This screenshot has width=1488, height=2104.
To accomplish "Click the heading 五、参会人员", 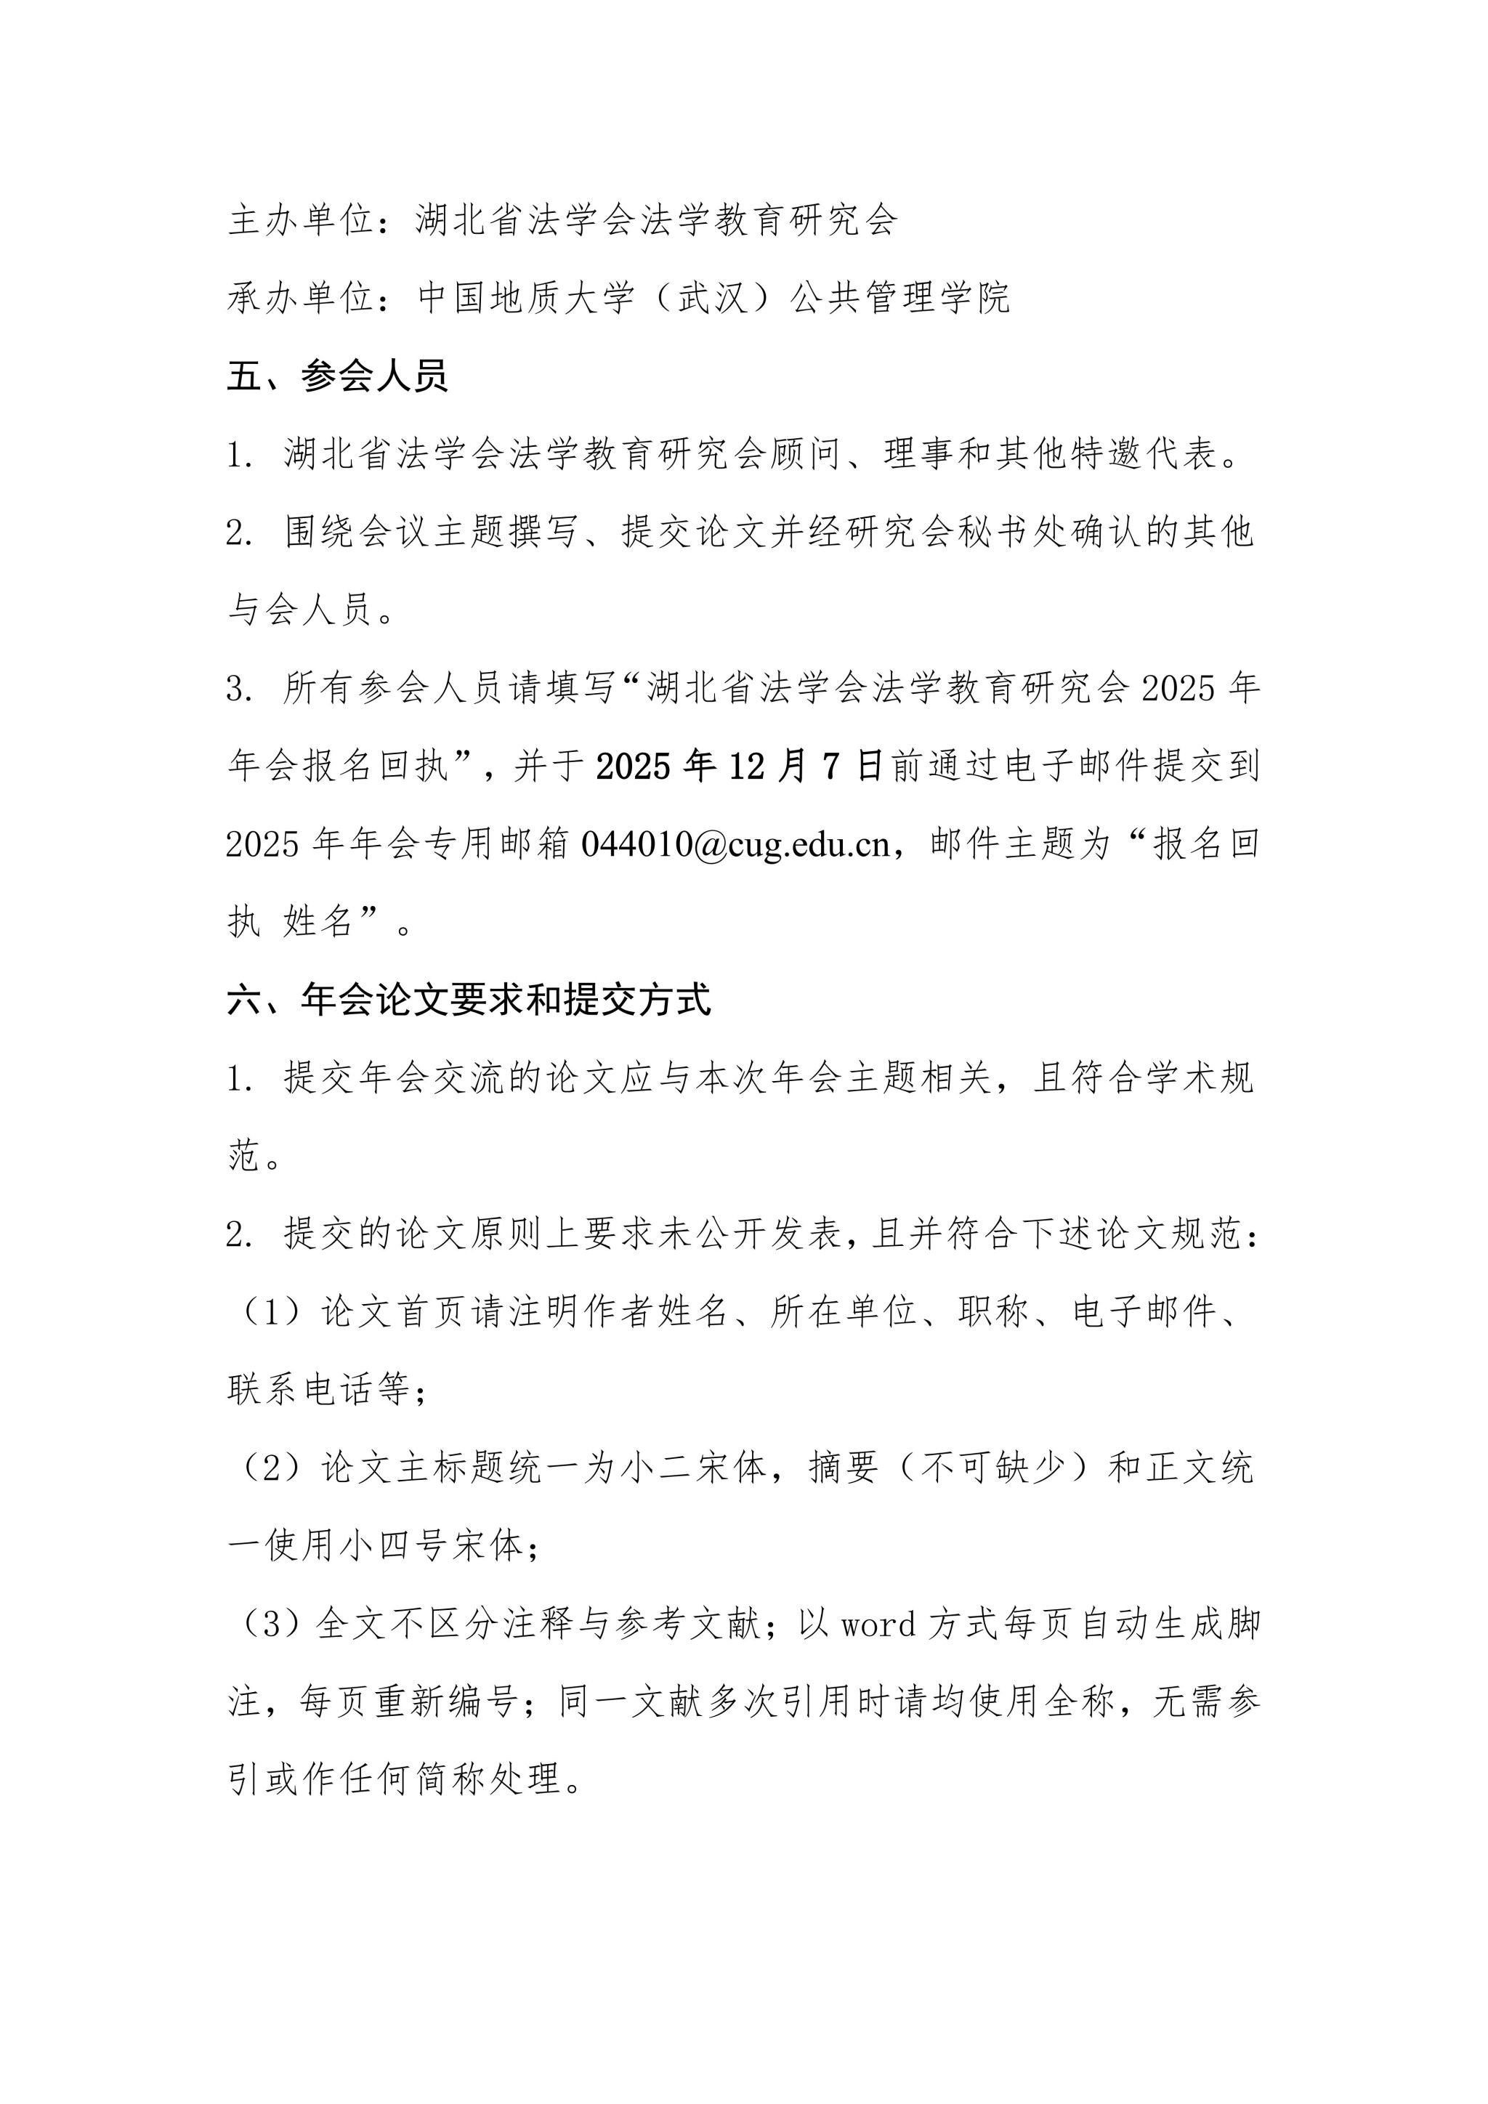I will pyautogui.click(x=337, y=376).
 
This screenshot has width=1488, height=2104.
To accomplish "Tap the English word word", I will pyautogui.click(x=878, y=1624).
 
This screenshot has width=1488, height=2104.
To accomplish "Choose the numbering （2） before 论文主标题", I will pyautogui.click(x=271, y=1469).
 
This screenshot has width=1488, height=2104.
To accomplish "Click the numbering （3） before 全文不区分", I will pyautogui.click(x=271, y=1624).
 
